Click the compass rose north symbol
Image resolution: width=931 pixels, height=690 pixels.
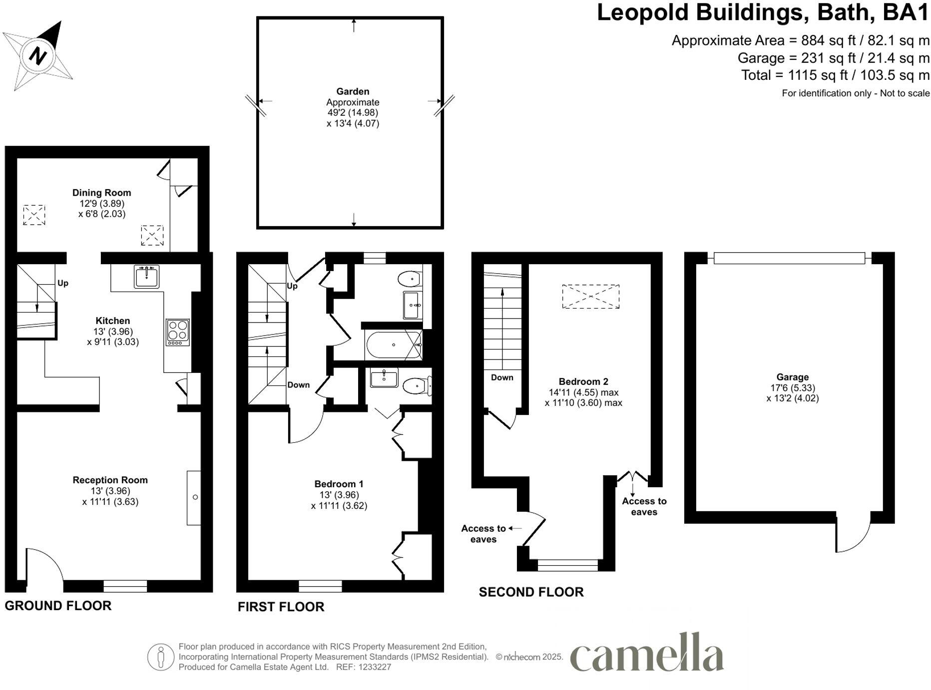pos(37,55)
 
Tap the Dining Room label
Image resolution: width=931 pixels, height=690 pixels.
pos(101,193)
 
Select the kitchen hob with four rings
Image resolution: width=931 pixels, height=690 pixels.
pos(178,332)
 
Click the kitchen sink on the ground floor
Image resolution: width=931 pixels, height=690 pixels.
pos(146,276)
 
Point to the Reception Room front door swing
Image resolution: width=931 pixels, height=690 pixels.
pos(44,564)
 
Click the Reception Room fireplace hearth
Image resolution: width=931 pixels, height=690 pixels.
pos(194,497)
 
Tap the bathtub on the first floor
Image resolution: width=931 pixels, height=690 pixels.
pos(394,345)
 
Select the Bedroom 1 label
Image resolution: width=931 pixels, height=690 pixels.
pos(339,484)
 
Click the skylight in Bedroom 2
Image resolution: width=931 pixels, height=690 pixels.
pos(590,297)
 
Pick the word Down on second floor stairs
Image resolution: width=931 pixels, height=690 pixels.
pos(501,377)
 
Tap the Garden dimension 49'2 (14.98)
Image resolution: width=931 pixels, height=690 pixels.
pos(353,113)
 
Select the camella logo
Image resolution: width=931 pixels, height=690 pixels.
pos(647,654)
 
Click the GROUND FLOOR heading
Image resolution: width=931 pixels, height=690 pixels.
pos(58,606)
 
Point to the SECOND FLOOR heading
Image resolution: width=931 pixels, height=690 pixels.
pos(531,592)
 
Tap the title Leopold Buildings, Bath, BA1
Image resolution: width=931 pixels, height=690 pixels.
pos(762,12)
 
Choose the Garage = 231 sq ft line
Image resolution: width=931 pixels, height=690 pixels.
pos(833,58)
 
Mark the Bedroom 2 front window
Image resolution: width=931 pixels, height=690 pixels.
pos(567,565)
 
